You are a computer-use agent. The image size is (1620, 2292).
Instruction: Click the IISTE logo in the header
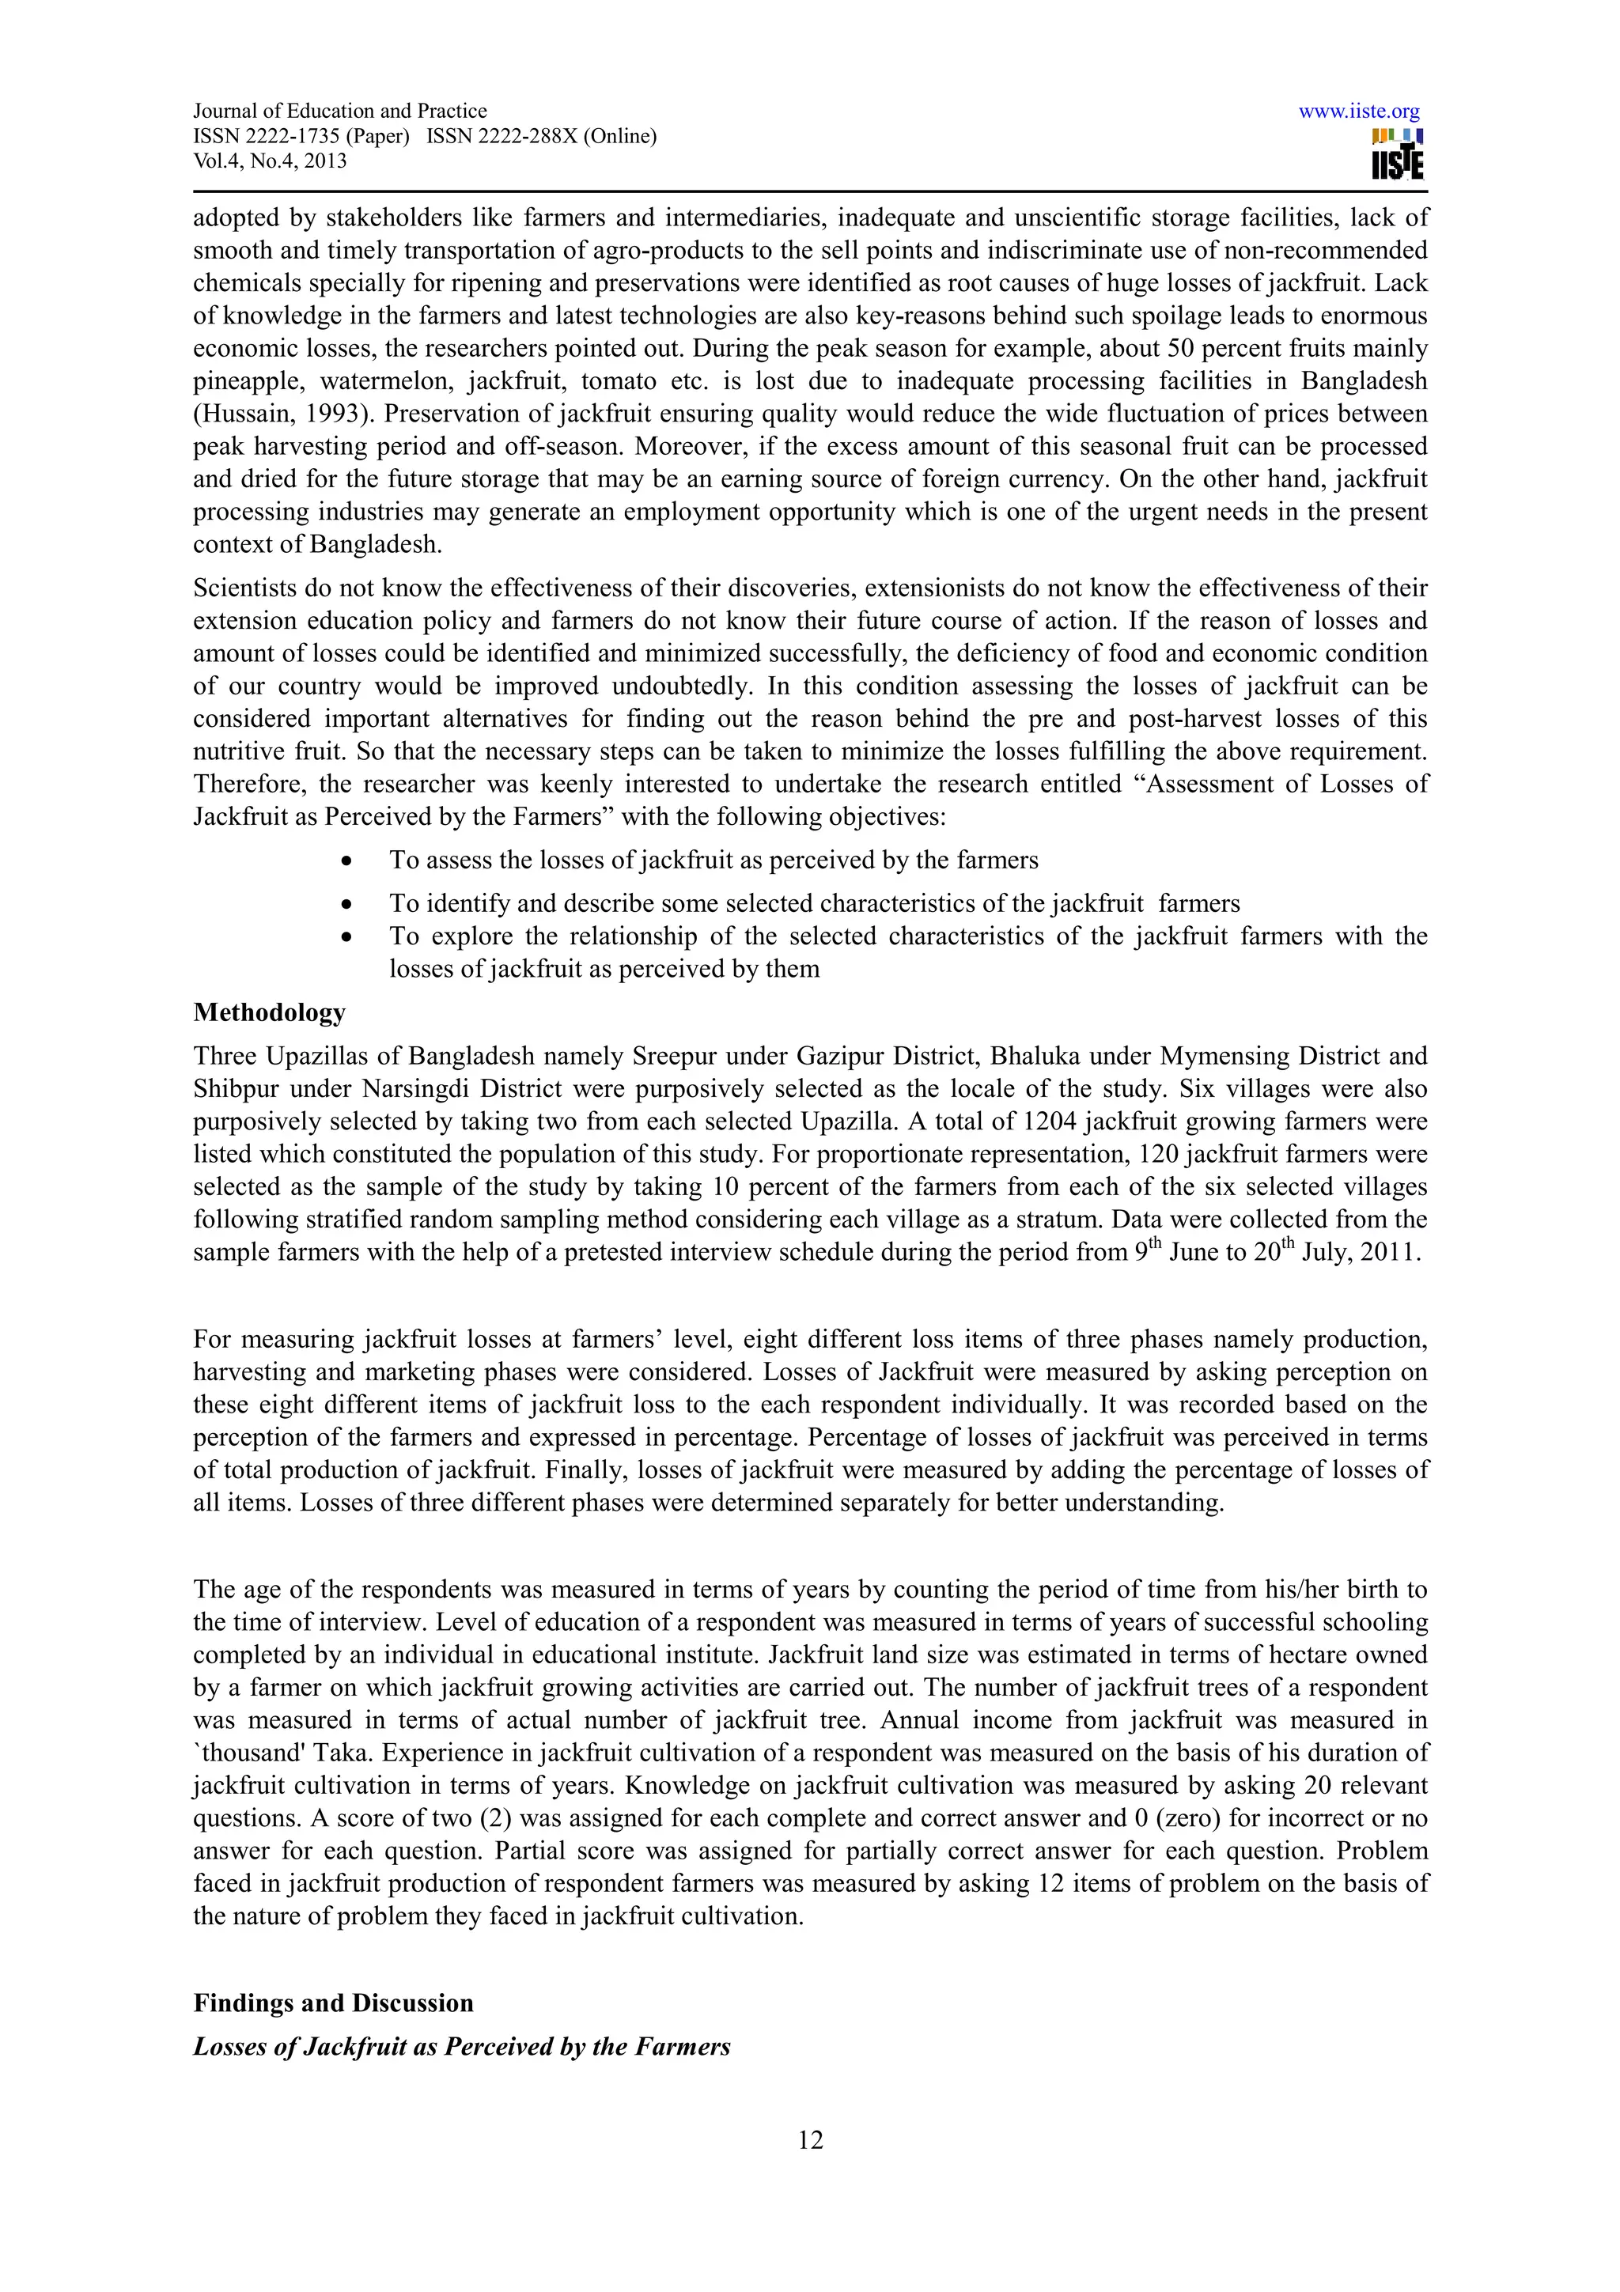tap(1398, 155)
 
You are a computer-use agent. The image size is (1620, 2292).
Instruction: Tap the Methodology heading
tap(270, 1012)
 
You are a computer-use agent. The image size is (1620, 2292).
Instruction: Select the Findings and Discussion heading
tap(333, 2003)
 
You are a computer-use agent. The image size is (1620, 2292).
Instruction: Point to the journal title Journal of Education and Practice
tap(339, 111)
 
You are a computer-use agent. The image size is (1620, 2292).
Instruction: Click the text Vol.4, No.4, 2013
tap(270, 161)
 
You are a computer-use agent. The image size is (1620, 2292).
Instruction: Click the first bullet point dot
tap(346, 860)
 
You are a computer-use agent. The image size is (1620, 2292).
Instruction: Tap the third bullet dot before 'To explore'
tap(346, 936)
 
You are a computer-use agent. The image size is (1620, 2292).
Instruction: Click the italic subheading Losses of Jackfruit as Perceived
tap(461, 2047)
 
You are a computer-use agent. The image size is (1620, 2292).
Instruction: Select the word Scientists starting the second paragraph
tap(239, 588)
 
